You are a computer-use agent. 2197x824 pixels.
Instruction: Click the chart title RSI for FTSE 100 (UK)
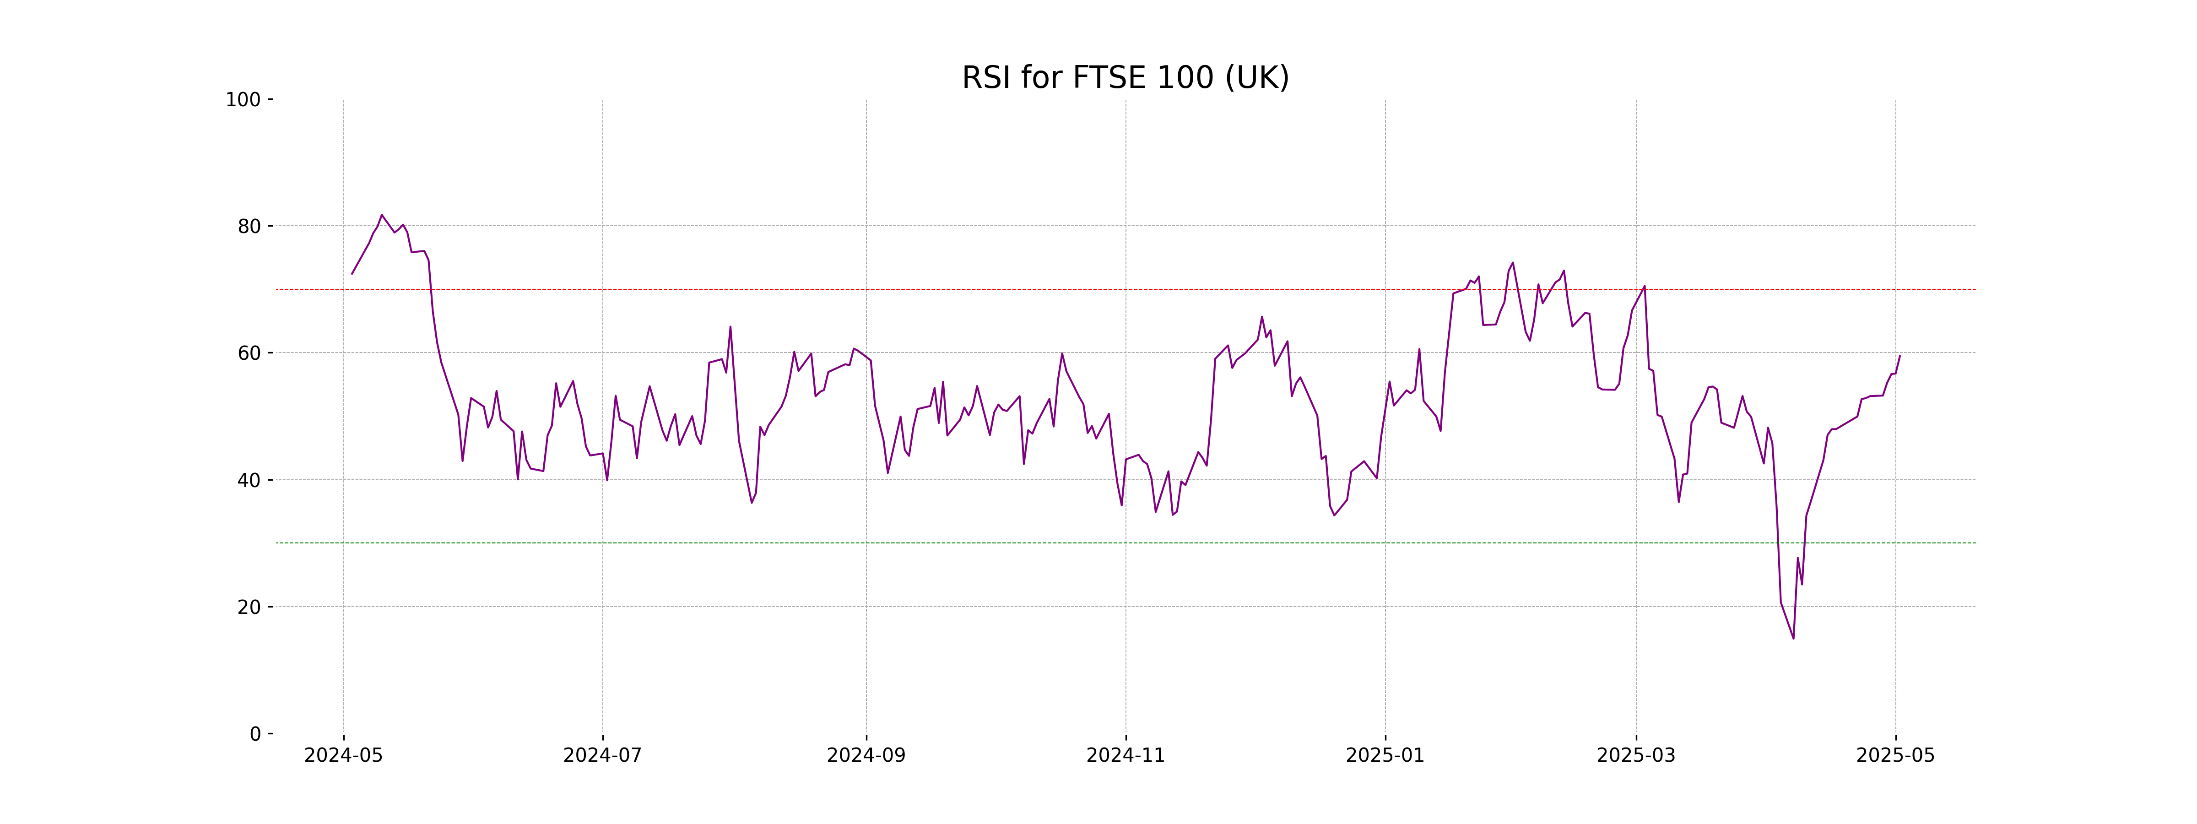pos(1125,78)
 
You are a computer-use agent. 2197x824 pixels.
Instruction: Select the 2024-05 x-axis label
pos(344,756)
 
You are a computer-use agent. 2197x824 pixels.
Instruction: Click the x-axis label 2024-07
pos(602,756)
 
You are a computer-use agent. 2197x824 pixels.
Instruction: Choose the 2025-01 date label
pos(1385,756)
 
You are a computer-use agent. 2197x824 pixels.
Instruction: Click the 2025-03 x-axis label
pos(1636,756)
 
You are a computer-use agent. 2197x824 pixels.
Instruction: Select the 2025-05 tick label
pos(1896,756)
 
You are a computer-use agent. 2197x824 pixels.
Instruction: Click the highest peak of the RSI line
pos(381,215)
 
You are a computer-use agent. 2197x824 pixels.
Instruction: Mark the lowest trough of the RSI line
pos(1794,638)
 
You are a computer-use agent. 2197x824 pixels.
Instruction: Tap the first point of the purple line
pos(352,274)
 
